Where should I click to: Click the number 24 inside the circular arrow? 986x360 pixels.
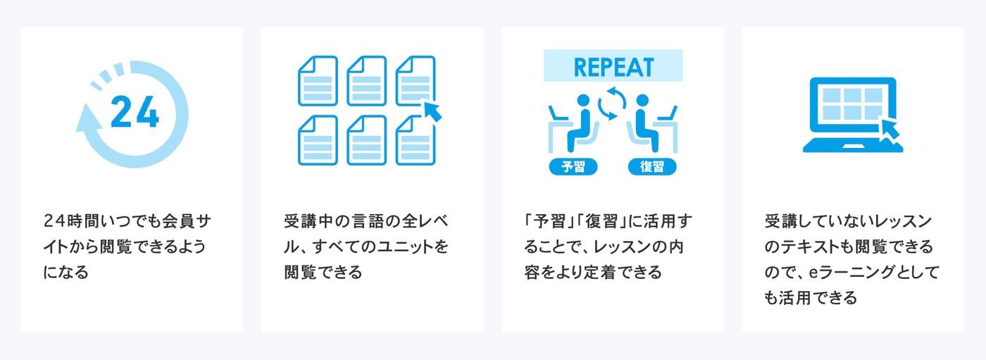click(135, 112)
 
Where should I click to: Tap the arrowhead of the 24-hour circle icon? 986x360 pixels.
click(88, 119)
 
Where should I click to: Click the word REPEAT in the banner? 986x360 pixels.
click(613, 68)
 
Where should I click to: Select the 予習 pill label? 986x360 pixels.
click(573, 167)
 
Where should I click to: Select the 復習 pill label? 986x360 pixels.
click(652, 167)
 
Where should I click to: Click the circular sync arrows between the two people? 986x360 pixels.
click(612, 104)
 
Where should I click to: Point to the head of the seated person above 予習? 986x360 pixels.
click(583, 100)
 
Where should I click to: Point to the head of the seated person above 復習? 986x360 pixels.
click(642, 100)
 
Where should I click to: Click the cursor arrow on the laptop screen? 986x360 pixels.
click(889, 128)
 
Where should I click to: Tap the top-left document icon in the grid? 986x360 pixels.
click(318, 81)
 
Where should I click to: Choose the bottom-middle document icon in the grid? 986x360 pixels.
click(367, 140)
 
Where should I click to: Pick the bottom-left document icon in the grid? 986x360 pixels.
click(318, 140)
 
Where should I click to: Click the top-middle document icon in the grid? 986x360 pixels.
click(367, 81)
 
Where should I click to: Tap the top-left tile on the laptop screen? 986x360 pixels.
click(832, 95)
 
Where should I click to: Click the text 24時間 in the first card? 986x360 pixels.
click(69, 221)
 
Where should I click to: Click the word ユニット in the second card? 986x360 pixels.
click(397, 247)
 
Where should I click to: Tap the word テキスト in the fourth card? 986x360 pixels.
click(810, 247)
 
